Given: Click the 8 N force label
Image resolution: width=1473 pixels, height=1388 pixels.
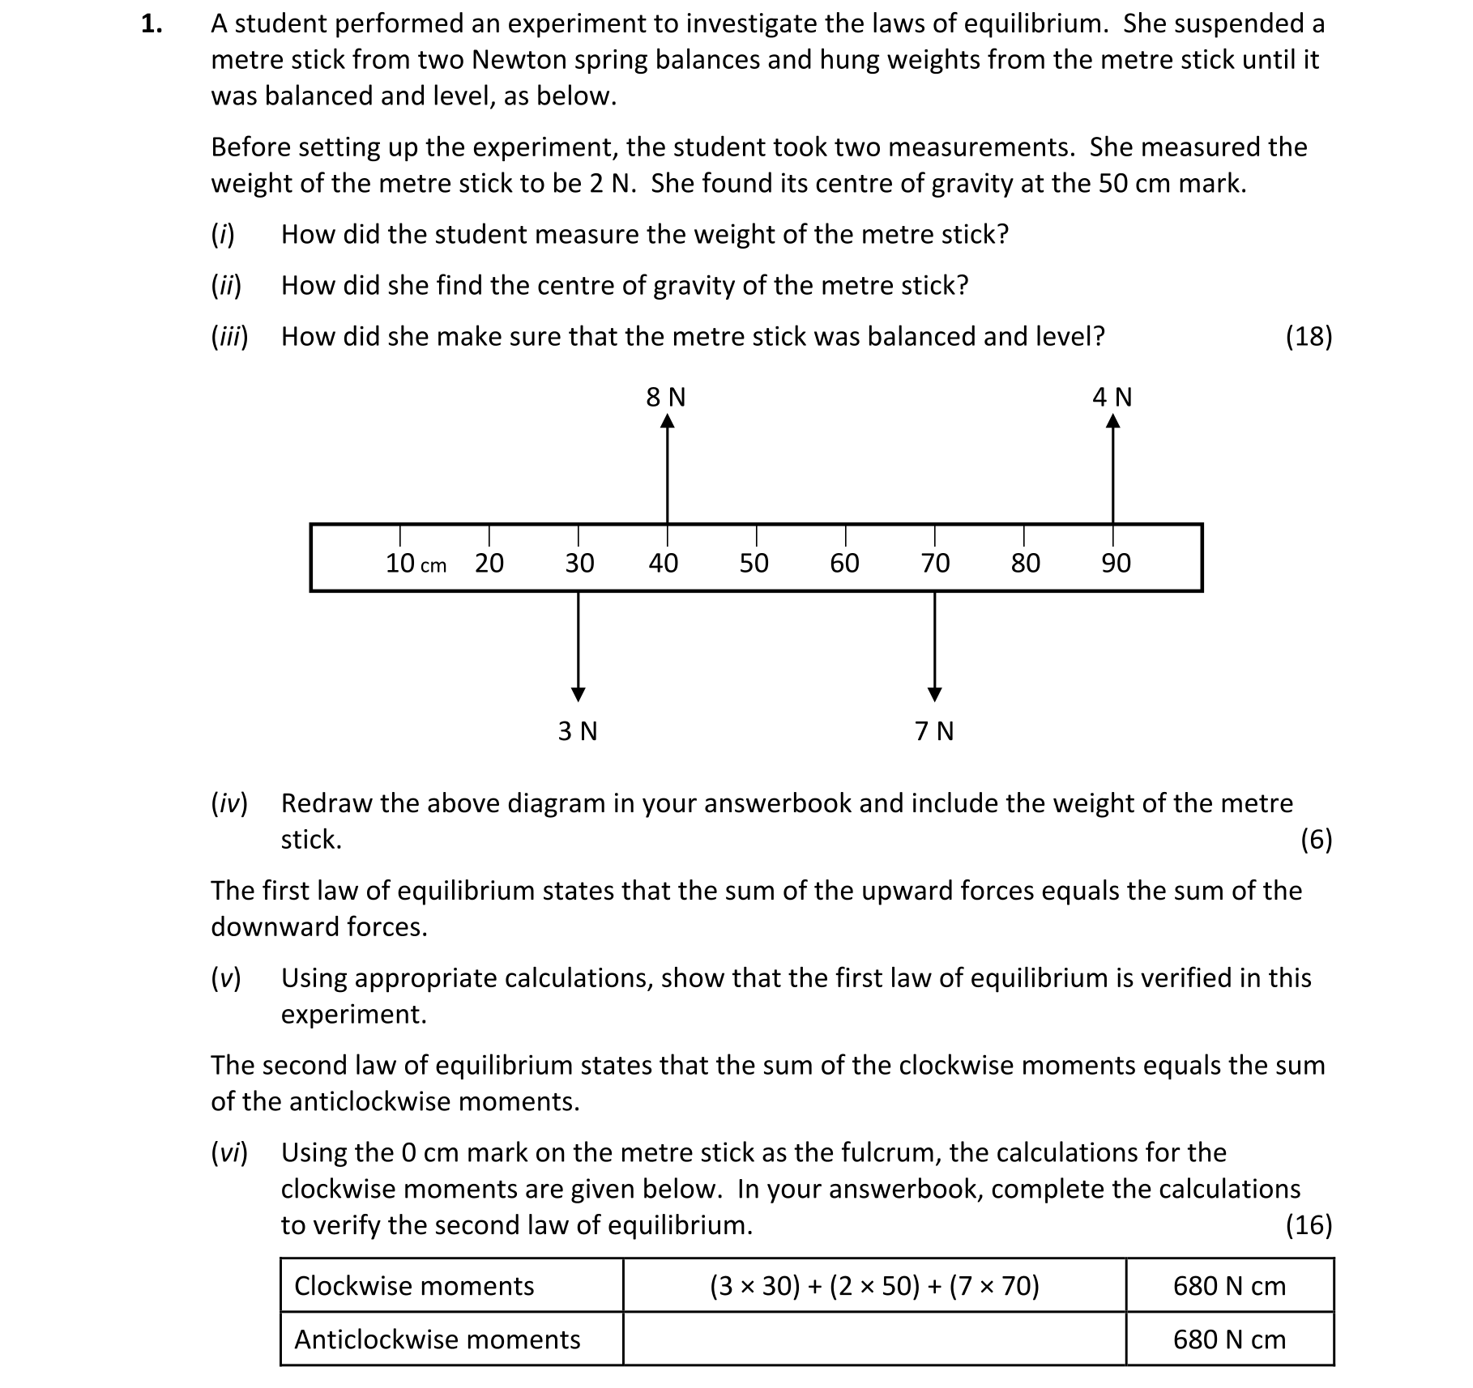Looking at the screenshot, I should coord(665,398).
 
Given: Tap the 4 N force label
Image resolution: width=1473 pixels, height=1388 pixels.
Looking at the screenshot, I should coord(1112,398).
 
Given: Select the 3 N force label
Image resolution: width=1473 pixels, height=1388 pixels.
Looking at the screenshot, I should coord(577,731).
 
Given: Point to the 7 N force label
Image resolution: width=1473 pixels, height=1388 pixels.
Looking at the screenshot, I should coord(933,731).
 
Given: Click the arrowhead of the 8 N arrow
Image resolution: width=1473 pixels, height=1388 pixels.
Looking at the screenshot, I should coord(667,421).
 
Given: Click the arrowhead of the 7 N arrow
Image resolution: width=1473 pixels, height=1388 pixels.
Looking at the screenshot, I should coord(934,694).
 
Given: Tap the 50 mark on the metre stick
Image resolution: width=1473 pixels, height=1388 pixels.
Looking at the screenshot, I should coord(754,563).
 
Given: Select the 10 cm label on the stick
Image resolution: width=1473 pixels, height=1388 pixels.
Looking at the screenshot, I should coord(415,564).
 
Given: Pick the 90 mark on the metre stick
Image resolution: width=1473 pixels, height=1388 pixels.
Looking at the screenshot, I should coord(1115,563).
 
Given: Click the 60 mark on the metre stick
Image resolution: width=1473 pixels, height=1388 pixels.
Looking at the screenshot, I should coord(844,563).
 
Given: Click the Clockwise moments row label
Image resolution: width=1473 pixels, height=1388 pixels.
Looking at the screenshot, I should coord(414,1286).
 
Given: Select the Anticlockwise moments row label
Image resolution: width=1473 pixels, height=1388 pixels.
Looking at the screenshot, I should coord(437,1339).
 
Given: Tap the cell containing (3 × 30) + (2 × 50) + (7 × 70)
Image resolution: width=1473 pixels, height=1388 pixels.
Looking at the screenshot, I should coord(873,1286).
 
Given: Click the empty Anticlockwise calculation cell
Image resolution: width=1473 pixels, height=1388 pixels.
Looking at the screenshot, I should coord(873,1339).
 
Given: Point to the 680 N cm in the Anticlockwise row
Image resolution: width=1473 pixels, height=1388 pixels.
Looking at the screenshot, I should coord(1228,1339).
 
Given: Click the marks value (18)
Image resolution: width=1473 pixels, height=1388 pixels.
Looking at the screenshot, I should coord(1308,337).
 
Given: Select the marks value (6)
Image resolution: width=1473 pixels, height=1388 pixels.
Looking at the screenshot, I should coord(1315,840).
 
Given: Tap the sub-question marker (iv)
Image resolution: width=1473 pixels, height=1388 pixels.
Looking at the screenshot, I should coord(229,803).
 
